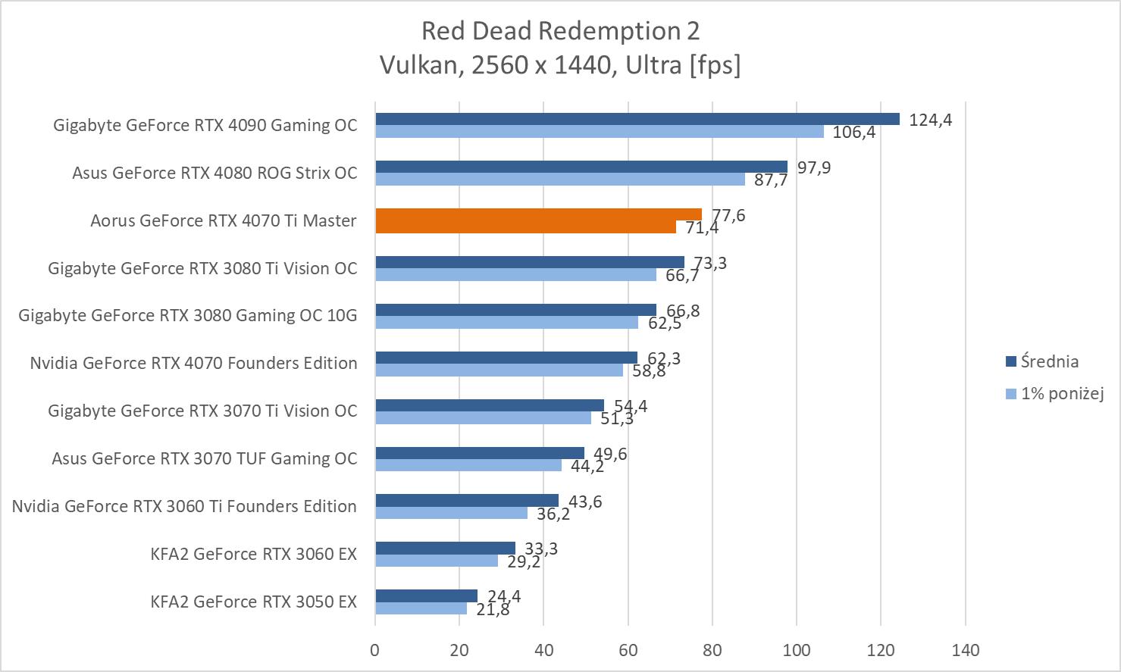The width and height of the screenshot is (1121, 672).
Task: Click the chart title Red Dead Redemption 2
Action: tap(560, 31)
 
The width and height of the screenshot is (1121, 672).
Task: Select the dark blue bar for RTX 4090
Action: tap(637, 119)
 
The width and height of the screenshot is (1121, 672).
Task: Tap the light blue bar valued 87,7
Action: tap(560, 180)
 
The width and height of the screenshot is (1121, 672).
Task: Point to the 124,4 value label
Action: tap(930, 120)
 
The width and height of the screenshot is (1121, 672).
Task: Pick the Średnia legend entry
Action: tap(1049, 361)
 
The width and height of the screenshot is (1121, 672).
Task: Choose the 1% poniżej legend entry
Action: tap(1061, 393)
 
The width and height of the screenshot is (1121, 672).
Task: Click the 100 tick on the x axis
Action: tap(797, 650)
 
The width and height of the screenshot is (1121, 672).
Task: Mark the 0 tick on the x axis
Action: tap(375, 650)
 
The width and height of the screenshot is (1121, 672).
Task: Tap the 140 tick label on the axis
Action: tap(965, 650)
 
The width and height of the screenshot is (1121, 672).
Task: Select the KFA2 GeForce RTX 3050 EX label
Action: tap(253, 602)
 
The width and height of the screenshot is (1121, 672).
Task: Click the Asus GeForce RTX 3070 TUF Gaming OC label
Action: tap(204, 458)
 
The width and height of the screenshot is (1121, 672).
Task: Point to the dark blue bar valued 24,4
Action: tap(426, 595)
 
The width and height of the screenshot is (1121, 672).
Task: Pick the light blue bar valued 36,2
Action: tap(451, 513)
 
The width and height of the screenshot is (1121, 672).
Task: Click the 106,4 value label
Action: tap(853, 133)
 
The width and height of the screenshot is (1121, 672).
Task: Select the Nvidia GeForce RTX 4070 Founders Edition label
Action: tap(193, 363)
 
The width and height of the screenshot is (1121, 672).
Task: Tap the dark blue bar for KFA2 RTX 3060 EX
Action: tap(445, 548)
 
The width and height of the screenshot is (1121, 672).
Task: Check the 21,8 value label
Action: tap(493, 609)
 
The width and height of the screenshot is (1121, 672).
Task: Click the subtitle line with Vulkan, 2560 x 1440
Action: tap(560, 65)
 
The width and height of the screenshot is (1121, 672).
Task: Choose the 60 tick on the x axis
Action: tap(628, 650)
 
